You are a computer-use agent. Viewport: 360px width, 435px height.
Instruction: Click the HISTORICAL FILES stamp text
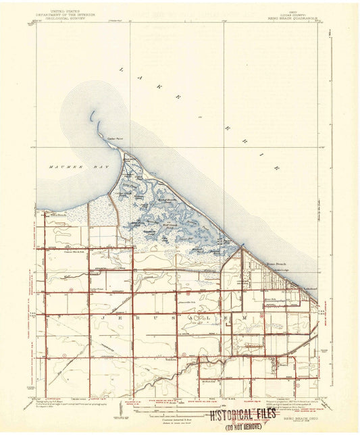coord(242,414)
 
